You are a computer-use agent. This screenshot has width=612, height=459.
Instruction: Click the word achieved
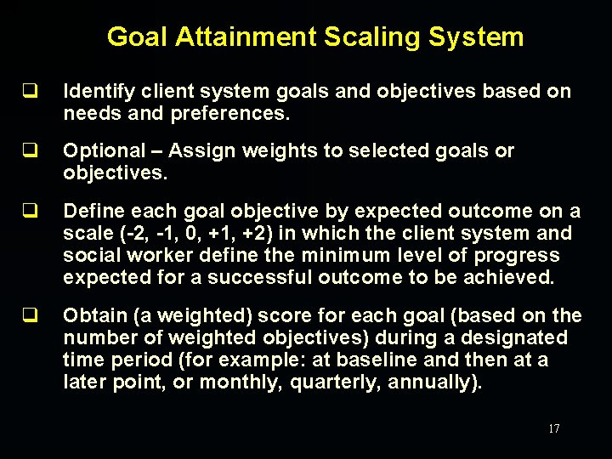[507, 278]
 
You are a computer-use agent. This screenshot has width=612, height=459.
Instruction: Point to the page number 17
[553, 429]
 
